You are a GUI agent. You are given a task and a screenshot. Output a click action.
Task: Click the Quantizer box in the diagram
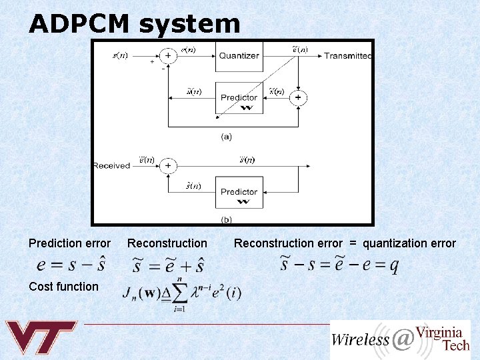coord(239,56)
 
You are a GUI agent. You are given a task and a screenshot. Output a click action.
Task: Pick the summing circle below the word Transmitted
coord(297,98)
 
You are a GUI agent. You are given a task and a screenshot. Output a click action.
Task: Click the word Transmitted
coord(348,56)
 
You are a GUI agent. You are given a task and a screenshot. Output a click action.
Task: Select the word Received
coord(111,165)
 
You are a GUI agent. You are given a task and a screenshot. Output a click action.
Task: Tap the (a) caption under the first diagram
coord(227,137)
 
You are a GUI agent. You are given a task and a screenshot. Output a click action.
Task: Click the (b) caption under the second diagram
coord(227,219)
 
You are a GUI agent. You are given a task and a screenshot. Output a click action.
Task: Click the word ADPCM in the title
coord(79,24)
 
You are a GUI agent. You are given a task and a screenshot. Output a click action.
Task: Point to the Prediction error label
coord(70,243)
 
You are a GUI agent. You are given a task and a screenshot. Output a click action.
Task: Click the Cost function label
coord(63,287)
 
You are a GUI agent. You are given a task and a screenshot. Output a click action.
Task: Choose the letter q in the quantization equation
coord(393,266)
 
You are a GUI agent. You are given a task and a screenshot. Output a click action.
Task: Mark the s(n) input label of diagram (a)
coord(119,56)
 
